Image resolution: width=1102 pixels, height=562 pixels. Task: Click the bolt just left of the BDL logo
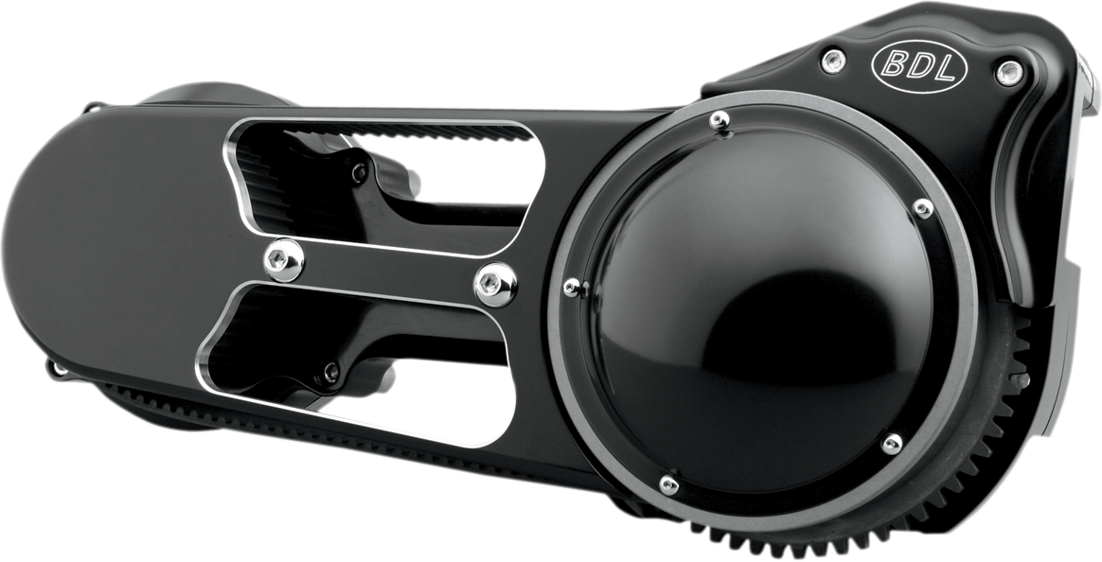pos(832,61)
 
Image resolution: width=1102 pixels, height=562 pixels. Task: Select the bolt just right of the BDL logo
pos(1009,71)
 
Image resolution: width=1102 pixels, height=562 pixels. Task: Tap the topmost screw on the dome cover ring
pos(720,120)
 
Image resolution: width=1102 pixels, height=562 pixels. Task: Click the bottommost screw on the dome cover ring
pos(668,485)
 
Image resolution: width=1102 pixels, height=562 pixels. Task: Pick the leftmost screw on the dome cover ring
pos(572,286)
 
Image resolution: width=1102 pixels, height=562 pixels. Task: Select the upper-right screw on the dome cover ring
pos(922,207)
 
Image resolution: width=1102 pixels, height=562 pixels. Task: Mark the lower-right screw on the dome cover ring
pos(891,444)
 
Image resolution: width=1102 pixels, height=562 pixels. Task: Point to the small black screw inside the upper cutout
pos(359,172)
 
